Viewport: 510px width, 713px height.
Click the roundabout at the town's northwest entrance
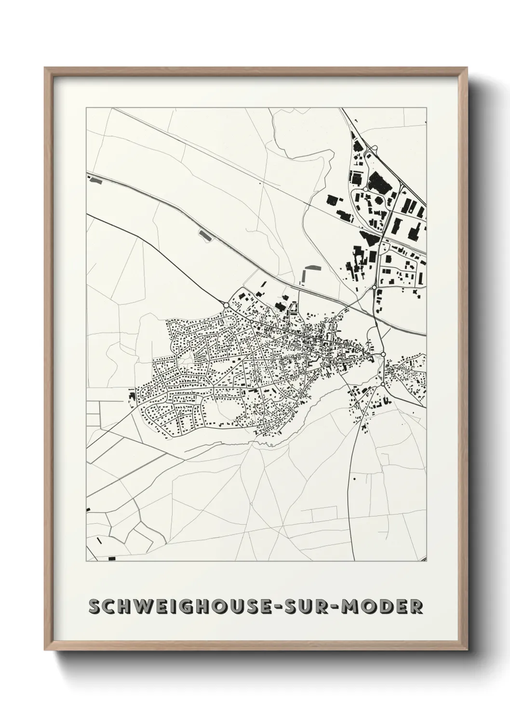click(x=226, y=304)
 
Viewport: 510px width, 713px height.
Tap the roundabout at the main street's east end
click(x=383, y=354)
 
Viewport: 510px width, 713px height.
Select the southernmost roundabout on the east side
click(x=382, y=384)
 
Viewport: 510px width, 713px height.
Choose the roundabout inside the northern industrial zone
click(x=366, y=190)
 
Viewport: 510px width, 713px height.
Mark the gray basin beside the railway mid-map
click(x=205, y=236)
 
